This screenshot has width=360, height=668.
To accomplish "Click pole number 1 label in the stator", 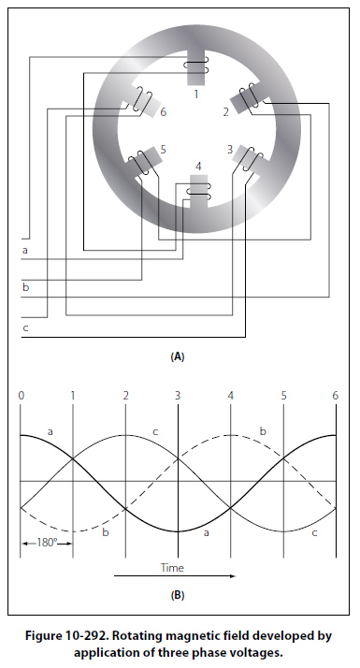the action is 196,94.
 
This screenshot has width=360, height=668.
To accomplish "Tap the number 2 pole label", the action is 225,111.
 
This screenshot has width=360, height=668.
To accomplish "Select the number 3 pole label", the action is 230,149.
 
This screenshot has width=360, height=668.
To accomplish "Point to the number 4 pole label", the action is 198,166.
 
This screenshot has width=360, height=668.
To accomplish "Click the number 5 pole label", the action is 164,149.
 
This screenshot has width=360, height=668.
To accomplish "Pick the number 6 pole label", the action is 164,111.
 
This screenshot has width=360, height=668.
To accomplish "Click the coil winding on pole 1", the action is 196,67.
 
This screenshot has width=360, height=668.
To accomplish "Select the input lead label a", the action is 24,250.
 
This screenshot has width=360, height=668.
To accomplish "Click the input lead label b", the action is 25,286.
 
